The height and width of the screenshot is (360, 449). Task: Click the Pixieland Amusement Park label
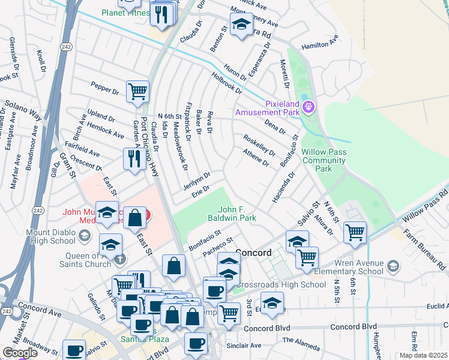tap(267, 107)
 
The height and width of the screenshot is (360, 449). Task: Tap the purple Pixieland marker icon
tap(309, 107)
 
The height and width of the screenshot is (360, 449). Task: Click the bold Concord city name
tap(254, 252)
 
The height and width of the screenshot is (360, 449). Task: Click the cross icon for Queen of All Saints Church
tap(120, 259)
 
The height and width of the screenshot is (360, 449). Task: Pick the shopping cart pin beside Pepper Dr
tap(137, 92)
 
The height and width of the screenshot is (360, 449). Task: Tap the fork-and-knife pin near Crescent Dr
tap(133, 159)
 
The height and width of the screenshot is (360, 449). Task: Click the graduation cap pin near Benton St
tap(241, 25)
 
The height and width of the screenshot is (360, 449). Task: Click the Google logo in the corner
tap(19, 353)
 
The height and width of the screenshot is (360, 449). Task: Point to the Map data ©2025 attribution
tap(423, 355)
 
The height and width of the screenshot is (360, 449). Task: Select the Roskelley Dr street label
tap(259, 145)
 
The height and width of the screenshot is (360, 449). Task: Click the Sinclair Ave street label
tap(243, 346)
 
